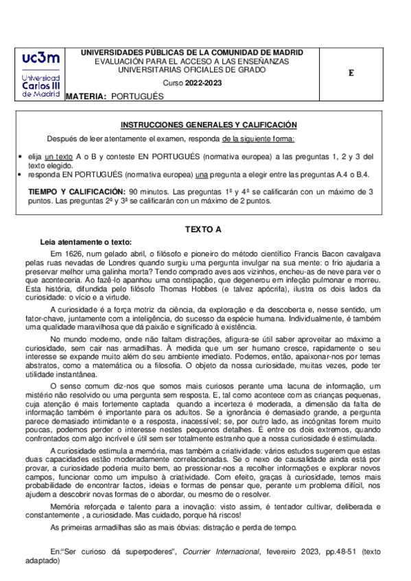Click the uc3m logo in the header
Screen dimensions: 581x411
pos(40,75)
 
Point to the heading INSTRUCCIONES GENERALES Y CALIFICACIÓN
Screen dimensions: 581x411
pos(209,125)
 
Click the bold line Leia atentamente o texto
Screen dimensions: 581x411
pos(86,242)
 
